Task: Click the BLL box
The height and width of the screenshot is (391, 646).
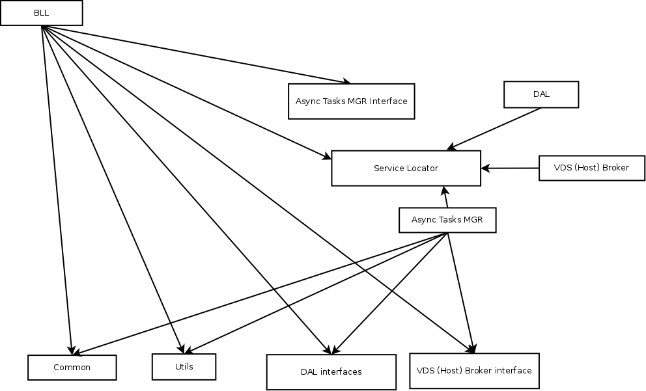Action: click(x=41, y=13)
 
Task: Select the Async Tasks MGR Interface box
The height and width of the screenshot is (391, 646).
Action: click(x=351, y=101)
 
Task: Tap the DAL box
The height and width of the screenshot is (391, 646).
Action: click(x=541, y=94)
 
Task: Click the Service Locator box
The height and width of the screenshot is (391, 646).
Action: click(x=406, y=168)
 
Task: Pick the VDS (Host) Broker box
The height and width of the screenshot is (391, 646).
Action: click(x=591, y=168)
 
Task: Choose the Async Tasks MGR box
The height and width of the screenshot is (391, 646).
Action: click(x=447, y=220)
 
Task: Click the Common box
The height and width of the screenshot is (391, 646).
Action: click(x=72, y=368)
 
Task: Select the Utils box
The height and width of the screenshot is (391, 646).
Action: click(x=184, y=367)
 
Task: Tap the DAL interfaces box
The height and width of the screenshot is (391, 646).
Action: click(x=331, y=372)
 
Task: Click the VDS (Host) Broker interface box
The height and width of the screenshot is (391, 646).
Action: click(x=474, y=371)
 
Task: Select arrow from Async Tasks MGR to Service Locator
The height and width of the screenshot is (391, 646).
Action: click(x=446, y=197)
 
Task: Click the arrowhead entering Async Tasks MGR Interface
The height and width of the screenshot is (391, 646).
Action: click(x=346, y=81)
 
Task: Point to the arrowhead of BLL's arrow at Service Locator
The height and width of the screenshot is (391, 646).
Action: click(x=326, y=157)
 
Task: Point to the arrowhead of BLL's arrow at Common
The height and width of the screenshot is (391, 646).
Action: click(x=70, y=349)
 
